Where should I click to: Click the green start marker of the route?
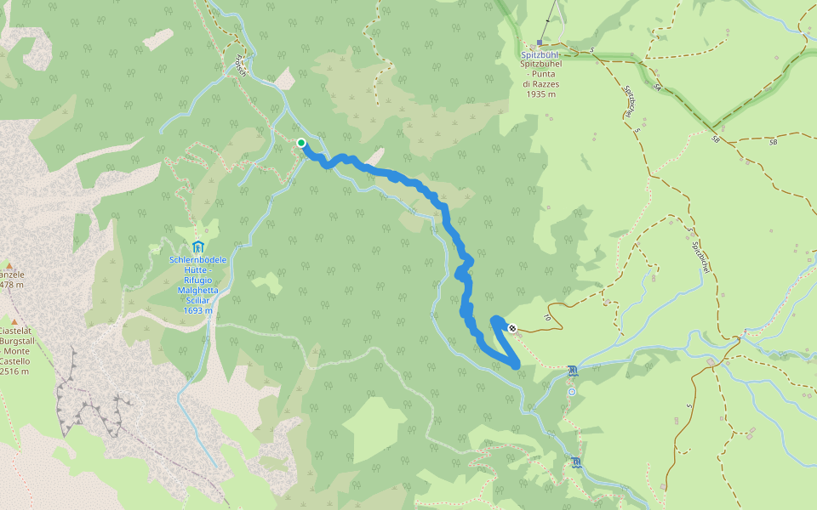pos(301,143)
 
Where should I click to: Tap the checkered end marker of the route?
pos(511,328)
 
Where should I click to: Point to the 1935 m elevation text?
pos(541,94)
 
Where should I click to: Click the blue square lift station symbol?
pos(540,42)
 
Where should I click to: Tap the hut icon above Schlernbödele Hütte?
pos(197,246)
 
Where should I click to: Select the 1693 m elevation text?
pos(197,310)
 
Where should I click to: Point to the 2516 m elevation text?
pos(14,371)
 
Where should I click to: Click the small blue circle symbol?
pos(572,392)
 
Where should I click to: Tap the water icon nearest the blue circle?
pos(572,371)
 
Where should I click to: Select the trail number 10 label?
pos(547,318)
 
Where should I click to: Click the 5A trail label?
pos(657,87)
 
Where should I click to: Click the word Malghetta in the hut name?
pos(198,290)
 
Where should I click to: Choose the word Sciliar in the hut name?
pos(197,300)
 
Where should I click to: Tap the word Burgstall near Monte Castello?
pos(15,341)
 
